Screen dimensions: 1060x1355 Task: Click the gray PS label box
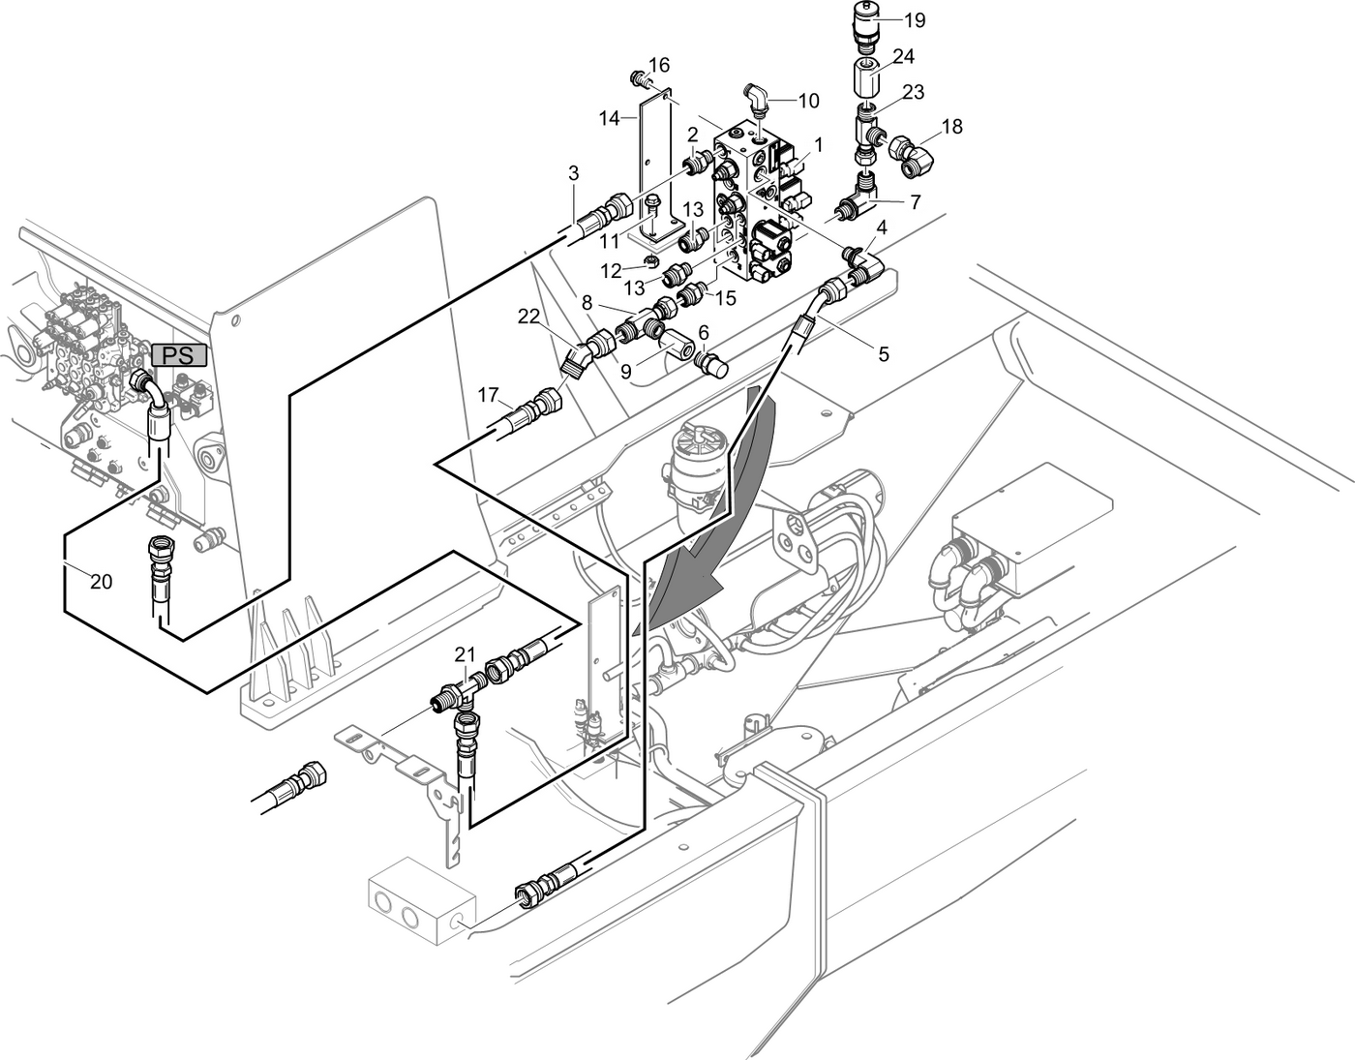coord(179,355)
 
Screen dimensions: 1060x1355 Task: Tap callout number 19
coord(914,19)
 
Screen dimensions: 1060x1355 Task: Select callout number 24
coord(903,57)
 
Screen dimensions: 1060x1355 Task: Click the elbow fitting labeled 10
coord(756,98)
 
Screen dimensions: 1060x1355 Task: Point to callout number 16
coord(659,65)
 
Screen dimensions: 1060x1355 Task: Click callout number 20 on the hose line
coord(101,582)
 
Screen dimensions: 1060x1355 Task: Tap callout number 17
coord(488,395)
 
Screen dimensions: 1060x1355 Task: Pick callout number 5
coord(883,354)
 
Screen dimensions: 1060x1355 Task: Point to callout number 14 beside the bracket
coord(609,118)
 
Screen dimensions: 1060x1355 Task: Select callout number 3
coord(574,173)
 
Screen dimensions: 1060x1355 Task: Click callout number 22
coord(527,316)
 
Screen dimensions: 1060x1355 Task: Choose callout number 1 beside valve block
coord(818,144)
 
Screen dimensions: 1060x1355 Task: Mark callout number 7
coord(915,201)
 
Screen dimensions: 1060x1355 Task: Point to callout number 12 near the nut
coord(610,270)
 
